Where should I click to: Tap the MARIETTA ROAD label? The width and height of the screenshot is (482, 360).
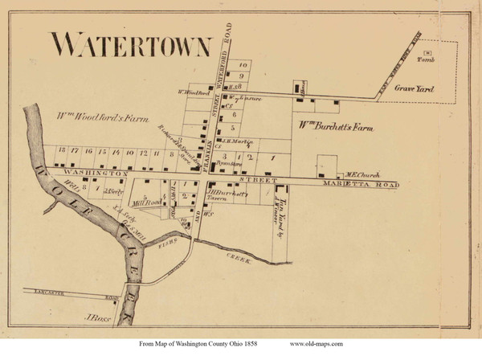pyautogui.click(x=378, y=184)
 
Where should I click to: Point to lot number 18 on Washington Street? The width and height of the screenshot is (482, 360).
pyautogui.click(x=61, y=151)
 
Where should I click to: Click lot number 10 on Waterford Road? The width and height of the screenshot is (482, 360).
pyautogui.click(x=239, y=63)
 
